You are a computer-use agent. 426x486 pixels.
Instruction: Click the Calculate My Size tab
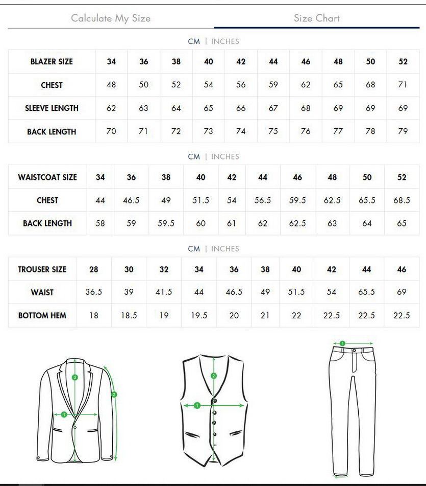click(111, 18)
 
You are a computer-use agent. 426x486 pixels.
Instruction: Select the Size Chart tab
click(316, 18)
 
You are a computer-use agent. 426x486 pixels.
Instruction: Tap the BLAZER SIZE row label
click(52, 62)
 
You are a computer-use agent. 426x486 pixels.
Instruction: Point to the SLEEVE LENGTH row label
click(52, 108)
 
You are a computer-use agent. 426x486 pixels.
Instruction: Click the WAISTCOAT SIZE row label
click(47, 177)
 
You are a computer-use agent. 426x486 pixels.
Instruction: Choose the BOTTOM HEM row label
click(42, 316)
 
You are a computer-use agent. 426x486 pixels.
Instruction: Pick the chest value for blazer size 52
click(403, 85)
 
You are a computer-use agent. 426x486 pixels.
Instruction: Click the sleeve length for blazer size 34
click(111, 108)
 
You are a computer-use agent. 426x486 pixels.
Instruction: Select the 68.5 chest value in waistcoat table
click(402, 200)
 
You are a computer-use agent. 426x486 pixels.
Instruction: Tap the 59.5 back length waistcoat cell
click(166, 223)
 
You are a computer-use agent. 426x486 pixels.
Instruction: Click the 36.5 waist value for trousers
click(94, 292)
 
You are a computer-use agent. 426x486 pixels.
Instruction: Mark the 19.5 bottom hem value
click(199, 316)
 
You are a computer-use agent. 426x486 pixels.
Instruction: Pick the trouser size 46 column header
click(402, 269)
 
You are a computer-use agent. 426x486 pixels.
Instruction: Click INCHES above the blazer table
click(225, 41)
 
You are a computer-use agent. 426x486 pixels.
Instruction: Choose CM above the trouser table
click(194, 249)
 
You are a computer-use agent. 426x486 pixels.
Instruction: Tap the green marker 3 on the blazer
click(75, 378)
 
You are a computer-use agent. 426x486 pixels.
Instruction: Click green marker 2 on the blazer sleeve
click(114, 395)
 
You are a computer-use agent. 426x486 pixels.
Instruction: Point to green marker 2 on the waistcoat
click(214, 376)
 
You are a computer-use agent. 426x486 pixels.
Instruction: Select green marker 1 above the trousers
click(342, 343)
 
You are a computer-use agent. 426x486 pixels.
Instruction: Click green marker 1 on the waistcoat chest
click(197, 406)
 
